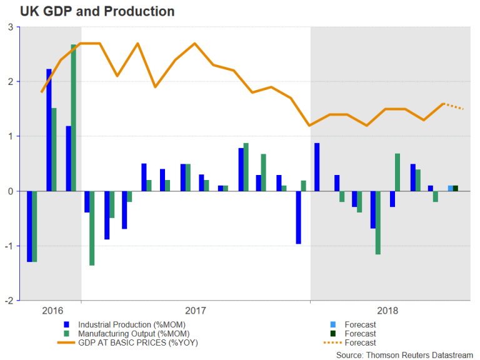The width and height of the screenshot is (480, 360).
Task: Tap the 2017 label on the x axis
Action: [x=196, y=311]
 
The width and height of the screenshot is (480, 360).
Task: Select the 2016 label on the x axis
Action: [x=52, y=311]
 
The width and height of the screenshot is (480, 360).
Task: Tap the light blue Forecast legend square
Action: [x=332, y=324]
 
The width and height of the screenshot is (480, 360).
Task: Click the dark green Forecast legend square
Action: [x=332, y=334]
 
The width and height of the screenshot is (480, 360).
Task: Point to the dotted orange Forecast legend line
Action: [x=332, y=342]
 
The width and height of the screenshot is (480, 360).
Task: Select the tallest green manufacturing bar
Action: [x=74, y=117]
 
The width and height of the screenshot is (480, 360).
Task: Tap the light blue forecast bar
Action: [x=451, y=188]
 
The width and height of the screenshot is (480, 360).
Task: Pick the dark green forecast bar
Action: [x=456, y=188]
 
